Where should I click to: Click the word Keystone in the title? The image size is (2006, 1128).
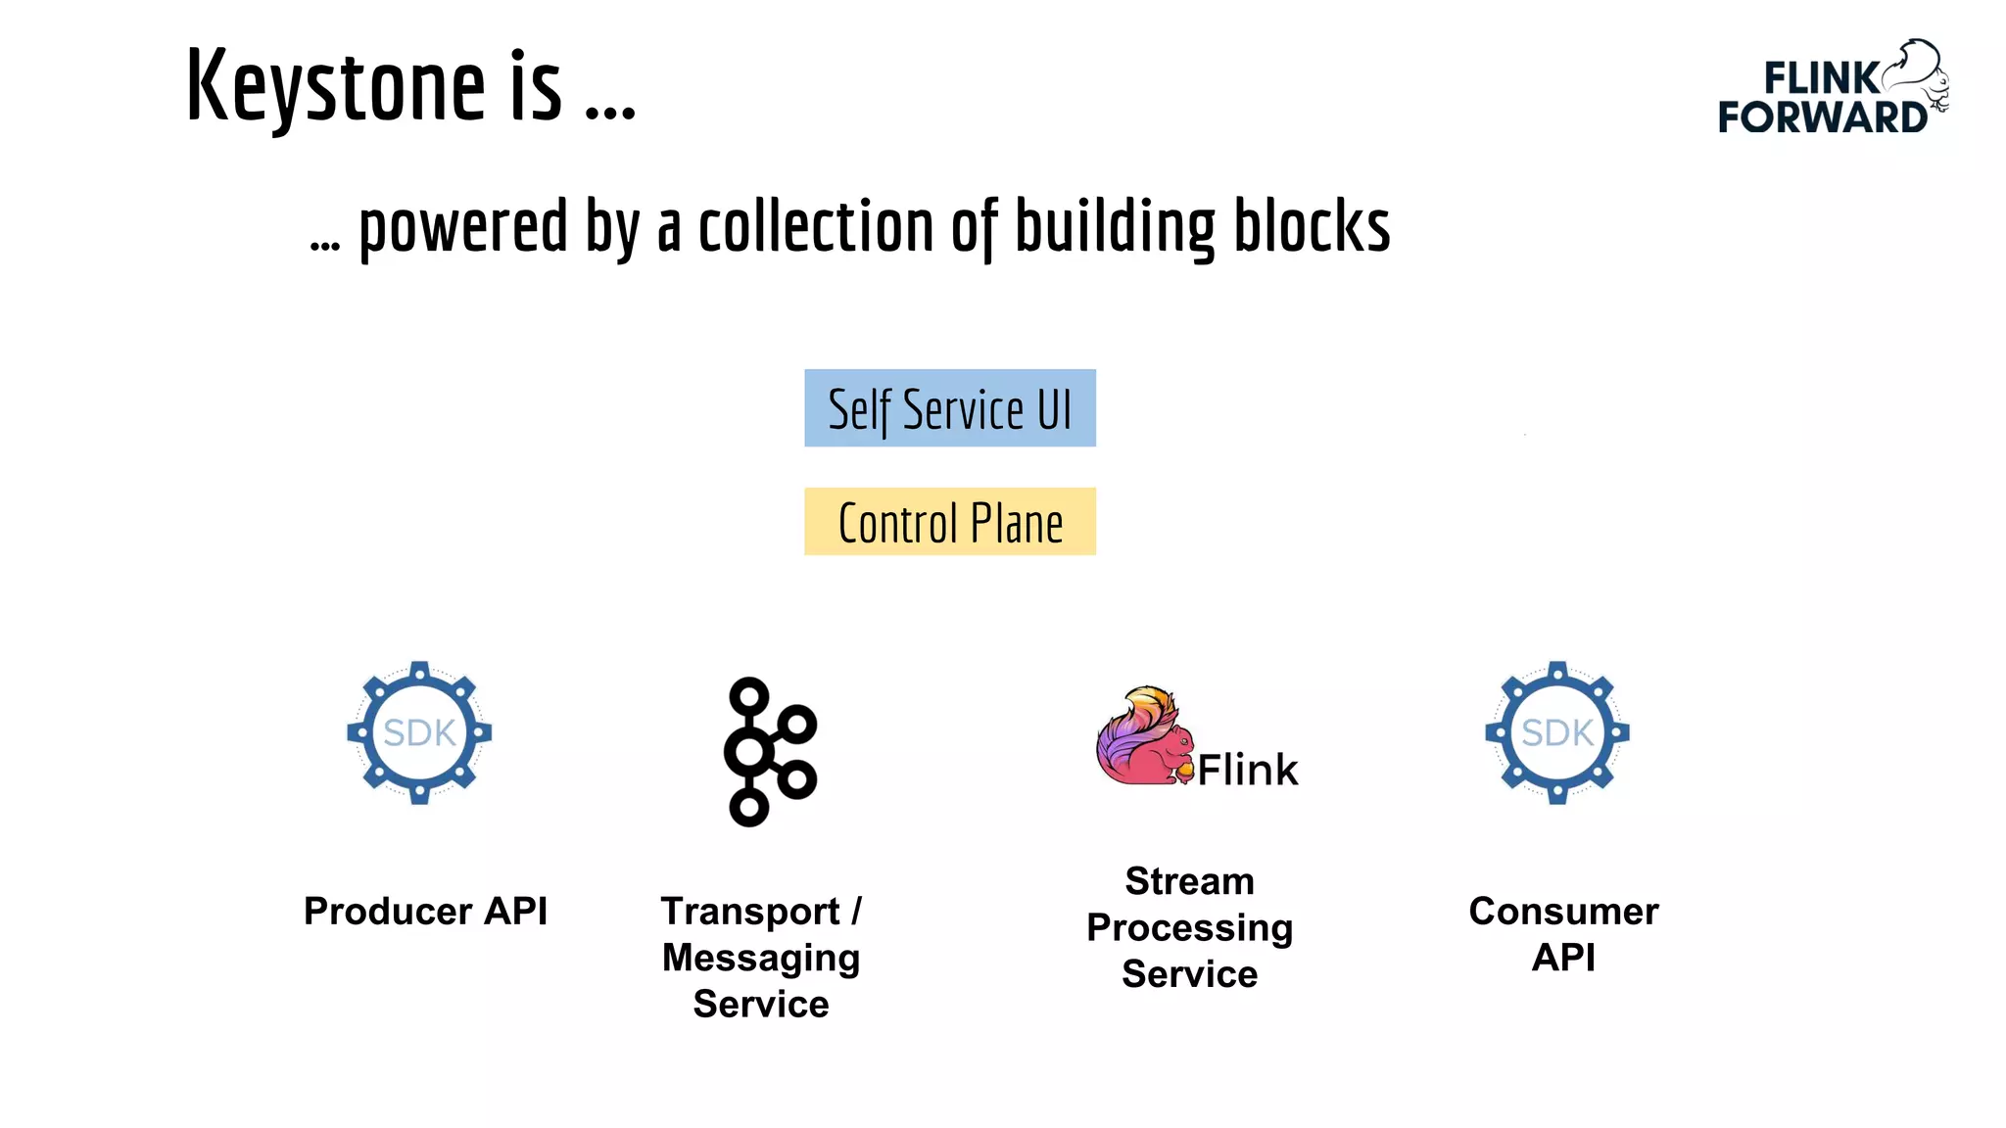[335, 88]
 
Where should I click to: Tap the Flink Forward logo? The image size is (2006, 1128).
[1832, 88]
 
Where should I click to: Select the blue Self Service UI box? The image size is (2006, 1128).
[949, 408]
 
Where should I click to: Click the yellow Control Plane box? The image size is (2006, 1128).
[949, 522]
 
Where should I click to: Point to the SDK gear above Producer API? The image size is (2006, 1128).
[419, 732]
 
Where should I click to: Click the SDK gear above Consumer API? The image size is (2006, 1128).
[1556, 732]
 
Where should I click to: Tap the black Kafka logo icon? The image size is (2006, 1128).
[769, 752]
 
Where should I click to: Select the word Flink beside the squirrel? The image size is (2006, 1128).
[1247, 770]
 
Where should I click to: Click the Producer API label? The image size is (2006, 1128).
[425, 912]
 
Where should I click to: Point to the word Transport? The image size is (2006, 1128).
[749, 912]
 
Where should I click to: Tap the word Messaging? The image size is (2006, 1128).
[761, 958]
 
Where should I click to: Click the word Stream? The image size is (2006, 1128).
[1189, 881]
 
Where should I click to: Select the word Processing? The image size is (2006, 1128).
[1189, 927]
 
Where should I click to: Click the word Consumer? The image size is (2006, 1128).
[1563, 912]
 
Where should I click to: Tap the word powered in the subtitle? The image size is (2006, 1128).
[462, 227]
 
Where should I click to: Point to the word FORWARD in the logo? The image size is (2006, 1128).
[1822, 117]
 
